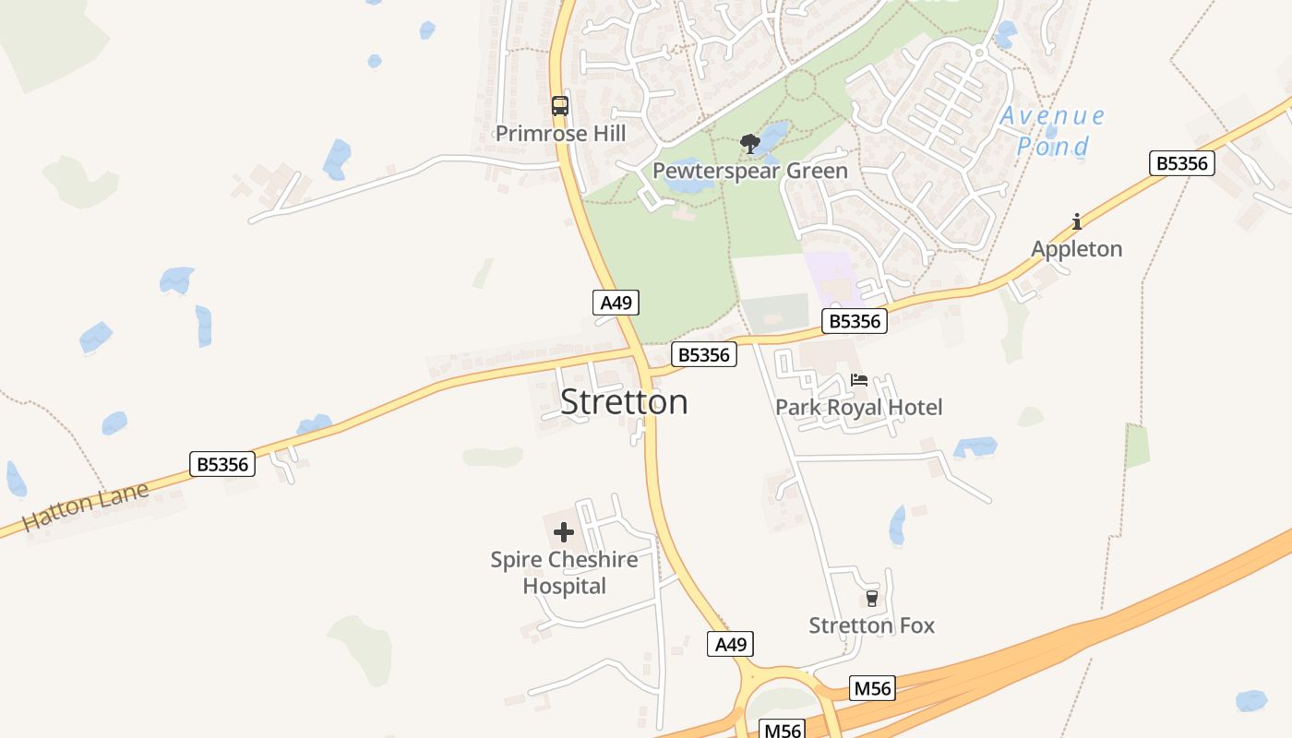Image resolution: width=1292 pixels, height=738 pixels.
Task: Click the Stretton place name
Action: tap(624, 402)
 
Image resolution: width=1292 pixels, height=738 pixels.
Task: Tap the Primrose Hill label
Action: tap(560, 134)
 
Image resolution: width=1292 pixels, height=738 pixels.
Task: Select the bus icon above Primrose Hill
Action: tap(560, 106)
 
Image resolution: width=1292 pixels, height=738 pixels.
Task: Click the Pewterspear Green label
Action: tap(749, 172)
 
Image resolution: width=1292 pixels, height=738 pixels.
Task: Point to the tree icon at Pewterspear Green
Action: tap(749, 144)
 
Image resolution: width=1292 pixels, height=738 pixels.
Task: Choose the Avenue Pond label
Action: tap(1052, 131)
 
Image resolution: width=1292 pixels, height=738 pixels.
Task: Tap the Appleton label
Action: tap(1076, 249)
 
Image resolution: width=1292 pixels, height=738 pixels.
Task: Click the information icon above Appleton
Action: tap(1076, 221)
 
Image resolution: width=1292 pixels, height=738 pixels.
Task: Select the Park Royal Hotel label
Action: tap(858, 408)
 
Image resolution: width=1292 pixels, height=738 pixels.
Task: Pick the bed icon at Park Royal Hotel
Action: tap(859, 380)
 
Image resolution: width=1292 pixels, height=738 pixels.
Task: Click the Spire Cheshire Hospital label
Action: tap(564, 573)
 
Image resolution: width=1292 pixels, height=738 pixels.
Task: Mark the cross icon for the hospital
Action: tap(563, 532)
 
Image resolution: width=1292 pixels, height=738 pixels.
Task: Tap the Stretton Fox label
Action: tap(871, 625)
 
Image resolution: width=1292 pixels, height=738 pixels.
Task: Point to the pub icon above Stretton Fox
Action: tap(871, 599)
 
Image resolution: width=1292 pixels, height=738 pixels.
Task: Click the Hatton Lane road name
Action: tap(85, 507)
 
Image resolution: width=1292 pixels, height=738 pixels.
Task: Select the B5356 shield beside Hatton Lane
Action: tap(222, 464)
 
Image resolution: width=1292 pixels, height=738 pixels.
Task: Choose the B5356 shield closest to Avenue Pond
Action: tap(1181, 164)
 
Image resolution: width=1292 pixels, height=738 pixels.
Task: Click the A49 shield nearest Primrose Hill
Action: tap(616, 303)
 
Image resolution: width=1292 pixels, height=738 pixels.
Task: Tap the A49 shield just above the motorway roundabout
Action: tap(730, 644)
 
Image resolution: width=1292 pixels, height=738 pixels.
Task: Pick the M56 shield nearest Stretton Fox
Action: tap(872, 688)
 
